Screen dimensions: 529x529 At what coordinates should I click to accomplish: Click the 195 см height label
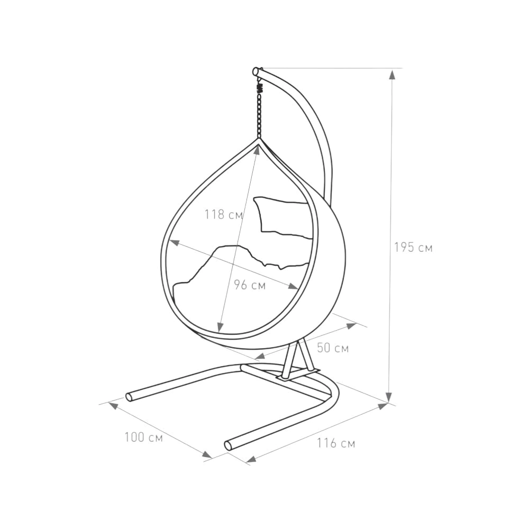(x=413, y=248)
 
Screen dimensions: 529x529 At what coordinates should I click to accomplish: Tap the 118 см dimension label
(x=224, y=214)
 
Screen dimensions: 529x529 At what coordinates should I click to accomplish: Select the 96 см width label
(x=250, y=285)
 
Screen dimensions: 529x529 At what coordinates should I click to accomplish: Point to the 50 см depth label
(x=333, y=348)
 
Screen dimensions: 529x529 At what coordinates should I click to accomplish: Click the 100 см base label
(x=144, y=437)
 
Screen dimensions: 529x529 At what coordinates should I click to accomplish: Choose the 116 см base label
(x=336, y=443)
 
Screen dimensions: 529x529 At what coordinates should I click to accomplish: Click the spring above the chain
(x=260, y=88)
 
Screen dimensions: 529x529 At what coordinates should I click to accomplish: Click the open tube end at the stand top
(x=256, y=71)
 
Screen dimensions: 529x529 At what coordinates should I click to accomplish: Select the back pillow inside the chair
(x=282, y=217)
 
